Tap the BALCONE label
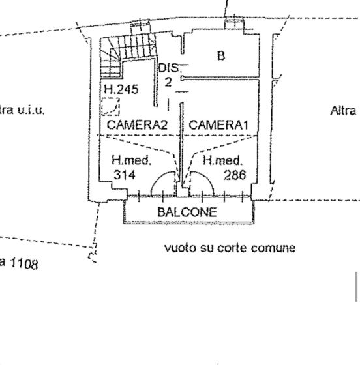pyautogui.click(x=187, y=212)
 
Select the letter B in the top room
pyautogui.click(x=221, y=55)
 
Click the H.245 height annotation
pyautogui.click(x=121, y=90)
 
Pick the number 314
pyautogui.click(x=124, y=175)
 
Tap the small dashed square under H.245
pyautogui.click(x=111, y=106)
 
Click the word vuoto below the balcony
pyautogui.click(x=177, y=248)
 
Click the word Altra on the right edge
pyautogui.click(x=343, y=111)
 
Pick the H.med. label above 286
pyautogui.click(x=223, y=160)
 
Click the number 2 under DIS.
pyautogui.click(x=168, y=82)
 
